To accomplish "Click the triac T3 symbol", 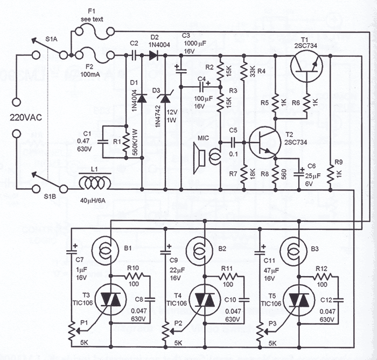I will (110, 299).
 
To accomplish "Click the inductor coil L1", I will (97, 184).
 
